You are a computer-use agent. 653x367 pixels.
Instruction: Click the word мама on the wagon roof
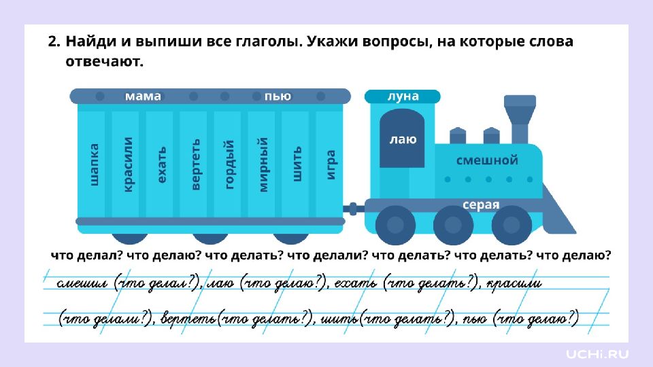[143, 97]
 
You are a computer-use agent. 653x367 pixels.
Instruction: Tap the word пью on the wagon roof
[278, 97]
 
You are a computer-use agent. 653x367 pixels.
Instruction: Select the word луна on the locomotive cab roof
[403, 97]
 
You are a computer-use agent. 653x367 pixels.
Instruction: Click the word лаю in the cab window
[403, 140]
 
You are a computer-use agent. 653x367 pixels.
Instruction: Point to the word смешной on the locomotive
[486, 160]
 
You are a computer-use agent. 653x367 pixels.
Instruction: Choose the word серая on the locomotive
[481, 205]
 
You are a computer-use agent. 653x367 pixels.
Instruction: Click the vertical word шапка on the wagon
[95, 164]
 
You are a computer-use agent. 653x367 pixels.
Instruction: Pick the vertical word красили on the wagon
[128, 164]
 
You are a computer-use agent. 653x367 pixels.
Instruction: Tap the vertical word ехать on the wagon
[162, 164]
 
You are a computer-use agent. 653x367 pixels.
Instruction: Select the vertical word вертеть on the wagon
[196, 164]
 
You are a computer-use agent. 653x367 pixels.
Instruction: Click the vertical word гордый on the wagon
[230, 164]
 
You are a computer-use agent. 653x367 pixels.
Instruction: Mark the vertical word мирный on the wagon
[264, 164]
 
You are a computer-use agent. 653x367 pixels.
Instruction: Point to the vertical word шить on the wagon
[297, 164]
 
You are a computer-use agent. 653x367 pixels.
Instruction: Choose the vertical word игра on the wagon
[331, 164]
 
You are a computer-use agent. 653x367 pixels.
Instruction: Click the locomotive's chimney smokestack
[521, 112]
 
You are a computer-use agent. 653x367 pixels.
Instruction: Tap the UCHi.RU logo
[598, 353]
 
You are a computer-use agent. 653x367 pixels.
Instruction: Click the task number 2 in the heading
[52, 42]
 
